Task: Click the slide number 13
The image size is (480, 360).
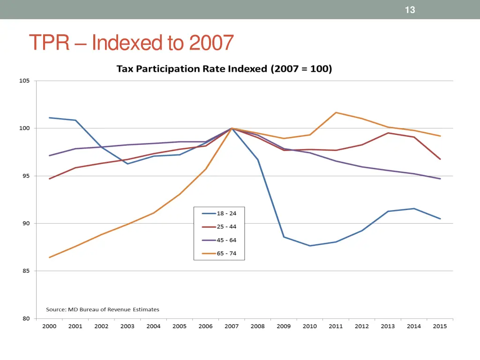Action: pos(410,10)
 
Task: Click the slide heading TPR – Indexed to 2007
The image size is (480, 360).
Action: pos(131,43)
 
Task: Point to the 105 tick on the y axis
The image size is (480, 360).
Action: pos(24,81)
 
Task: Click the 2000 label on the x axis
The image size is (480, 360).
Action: pos(49,327)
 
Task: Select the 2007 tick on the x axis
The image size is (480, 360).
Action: pos(232,327)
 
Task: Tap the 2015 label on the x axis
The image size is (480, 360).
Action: pos(440,327)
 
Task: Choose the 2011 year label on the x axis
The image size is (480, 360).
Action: pos(336,327)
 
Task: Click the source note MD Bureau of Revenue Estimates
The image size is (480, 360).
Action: pos(102,309)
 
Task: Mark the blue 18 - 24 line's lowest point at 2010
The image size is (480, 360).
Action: pos(310,246)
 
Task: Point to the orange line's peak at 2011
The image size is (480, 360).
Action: pos(336,112)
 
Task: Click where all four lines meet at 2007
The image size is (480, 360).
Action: pos(232,128)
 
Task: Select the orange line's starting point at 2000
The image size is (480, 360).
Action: pos(49,257)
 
